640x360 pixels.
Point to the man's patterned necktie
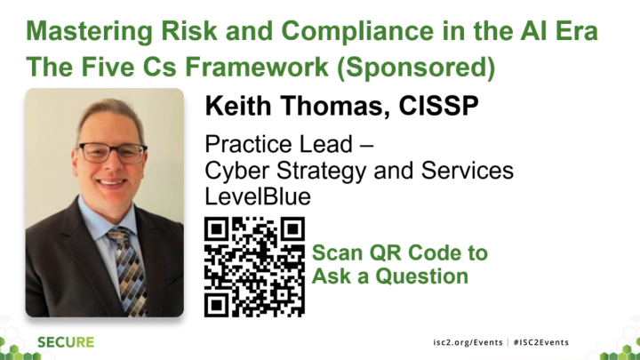[x=123, y=267]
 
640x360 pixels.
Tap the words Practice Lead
[x=266, y=145]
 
